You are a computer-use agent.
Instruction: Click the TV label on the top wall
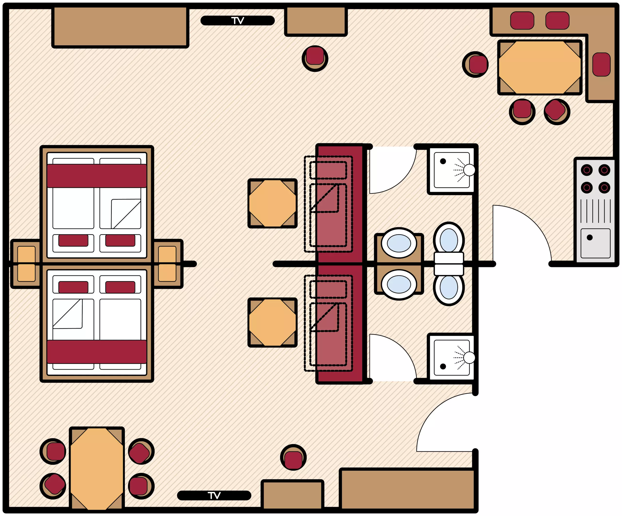(x=238, y=20)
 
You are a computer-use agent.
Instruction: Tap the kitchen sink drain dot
(x=589, y=237)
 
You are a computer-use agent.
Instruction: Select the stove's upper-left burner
(x=587, y=170)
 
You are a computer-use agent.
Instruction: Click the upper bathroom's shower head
(x=469, y=170)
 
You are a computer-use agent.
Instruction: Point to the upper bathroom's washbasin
(x=399, y=243)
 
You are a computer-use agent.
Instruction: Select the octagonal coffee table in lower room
(x=272, y=322)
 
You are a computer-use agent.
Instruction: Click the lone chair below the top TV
(x=315, y=58)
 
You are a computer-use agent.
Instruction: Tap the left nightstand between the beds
(x=26, y=263)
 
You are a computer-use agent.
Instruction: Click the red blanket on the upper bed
(x=97, y=176)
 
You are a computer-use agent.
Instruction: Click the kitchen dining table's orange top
(x=540, y=67)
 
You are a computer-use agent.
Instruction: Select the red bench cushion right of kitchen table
(x=601, y=64)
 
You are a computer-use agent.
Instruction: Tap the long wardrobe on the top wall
(x=120, y=27)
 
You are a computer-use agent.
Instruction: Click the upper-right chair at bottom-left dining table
(x=141, y=451)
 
